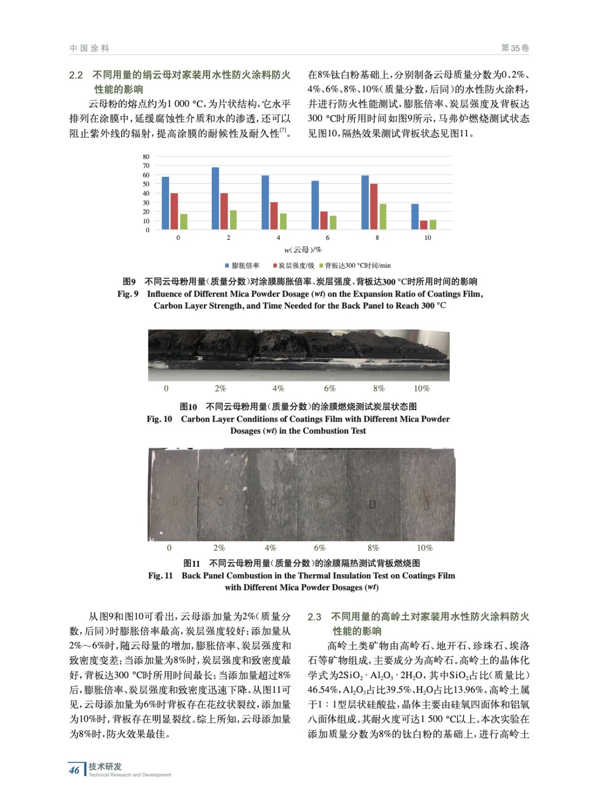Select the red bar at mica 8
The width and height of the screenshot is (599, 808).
(x=374, y=207)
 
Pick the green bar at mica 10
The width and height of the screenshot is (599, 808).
(x=433, y=225)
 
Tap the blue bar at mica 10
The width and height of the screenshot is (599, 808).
(x=415, y=217)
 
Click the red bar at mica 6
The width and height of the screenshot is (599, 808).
(x=324, y=221)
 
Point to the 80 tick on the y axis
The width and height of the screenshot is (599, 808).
(x=146, y=157)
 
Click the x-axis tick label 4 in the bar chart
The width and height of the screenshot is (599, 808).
(x=278, y=237)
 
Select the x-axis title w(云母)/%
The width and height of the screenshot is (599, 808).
(x=303, y=249)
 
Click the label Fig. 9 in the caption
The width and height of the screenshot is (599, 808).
(x=128, y=294)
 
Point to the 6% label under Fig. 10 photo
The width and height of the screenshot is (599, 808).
(x=330, y=388)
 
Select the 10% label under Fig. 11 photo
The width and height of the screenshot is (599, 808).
(x=424, y=548)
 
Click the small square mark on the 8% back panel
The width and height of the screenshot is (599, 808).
(x=372, y=503)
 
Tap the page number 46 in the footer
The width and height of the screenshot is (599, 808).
(x=74, y=770)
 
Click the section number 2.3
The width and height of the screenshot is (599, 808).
(x=314, y=617)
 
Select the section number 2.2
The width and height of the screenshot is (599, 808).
(x=76, y=75)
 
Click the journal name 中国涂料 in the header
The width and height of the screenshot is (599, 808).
(x=89, y=48)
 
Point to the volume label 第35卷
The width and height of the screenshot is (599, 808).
(x=515, y=48)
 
